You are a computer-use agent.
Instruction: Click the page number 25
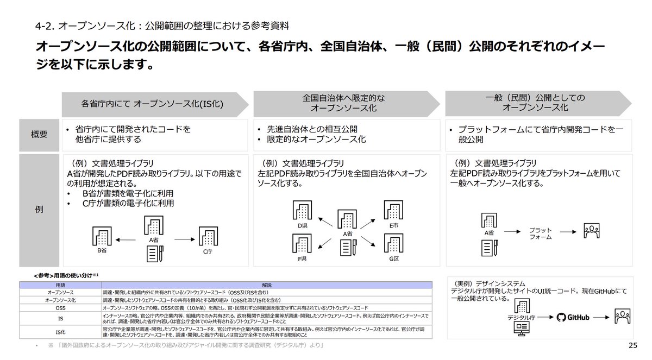(x=632, y=346)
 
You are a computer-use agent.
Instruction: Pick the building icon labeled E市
(x=393, y=211)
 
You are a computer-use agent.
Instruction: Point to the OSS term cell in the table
(x=60, y=307)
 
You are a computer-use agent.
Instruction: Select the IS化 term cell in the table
(x=60, y=332)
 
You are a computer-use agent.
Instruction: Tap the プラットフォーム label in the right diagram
(x=541, y=233)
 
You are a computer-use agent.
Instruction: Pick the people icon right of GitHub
(x=621, y=317)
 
